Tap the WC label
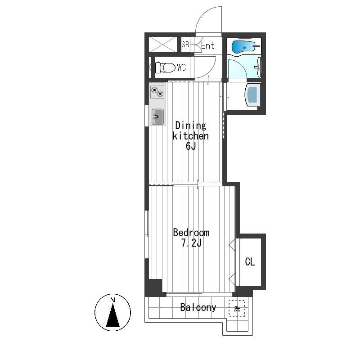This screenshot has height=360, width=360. coord(181,67)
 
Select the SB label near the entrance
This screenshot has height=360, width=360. coord(185,44)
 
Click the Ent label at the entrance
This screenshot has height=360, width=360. coord(207,45)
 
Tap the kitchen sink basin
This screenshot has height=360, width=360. coord(157,117)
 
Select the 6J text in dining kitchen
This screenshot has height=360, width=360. coord(191,146)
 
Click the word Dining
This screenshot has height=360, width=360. coord(190,126)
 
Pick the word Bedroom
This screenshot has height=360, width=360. coord(191,233)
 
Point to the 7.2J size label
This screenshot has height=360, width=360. coord(191,243)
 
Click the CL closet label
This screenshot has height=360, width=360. coord(250,262)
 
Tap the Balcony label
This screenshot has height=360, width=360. coord(198,307)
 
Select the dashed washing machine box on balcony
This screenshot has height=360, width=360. coord(237,309)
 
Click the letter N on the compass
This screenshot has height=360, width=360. coord(112,300)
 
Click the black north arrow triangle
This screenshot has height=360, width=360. coord(113,315)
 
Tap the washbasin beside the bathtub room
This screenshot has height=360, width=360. coord(258,67)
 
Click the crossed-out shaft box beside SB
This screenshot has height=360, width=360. coord(163,44)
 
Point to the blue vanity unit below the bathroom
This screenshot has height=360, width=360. coord(253,94)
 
